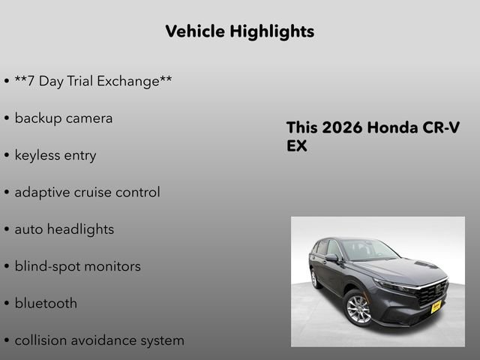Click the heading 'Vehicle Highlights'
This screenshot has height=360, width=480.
(x=239, y=31)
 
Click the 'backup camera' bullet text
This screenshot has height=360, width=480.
(x=64, y=118)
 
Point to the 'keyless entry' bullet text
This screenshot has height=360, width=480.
(x=55, y=155)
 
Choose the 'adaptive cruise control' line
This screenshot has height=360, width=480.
(x=87, y=192)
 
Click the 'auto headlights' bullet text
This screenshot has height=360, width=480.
(x=64, y=229)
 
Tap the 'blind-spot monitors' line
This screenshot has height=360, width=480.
(x=77, y=266)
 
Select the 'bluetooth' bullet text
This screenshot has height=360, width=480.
(x=46, y=304)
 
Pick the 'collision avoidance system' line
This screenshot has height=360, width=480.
(x=99, y=340)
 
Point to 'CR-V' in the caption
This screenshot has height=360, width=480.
(x=442, y=127)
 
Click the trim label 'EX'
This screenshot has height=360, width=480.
(x=297, y=146)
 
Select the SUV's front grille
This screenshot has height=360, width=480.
(x=431, y=292)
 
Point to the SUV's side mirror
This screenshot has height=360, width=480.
(x=331, y=257)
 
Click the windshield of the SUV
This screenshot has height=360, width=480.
(x=367, y=250)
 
